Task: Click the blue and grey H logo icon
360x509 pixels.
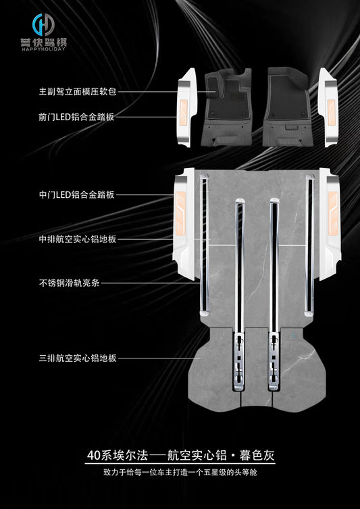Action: click(x=43, y=25)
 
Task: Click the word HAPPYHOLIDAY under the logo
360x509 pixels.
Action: click(x=43, y=49)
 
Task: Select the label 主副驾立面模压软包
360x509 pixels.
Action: click(x=77, y=92)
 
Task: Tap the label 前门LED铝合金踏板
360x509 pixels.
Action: click(x=76, y=117)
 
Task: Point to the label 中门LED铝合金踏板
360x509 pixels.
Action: click(x=76, y=195)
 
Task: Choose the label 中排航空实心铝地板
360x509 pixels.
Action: click(x=77, y=240)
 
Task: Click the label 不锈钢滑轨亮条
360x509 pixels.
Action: click(x=70, y=283)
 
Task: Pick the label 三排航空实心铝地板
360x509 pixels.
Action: click(x=77, y=358)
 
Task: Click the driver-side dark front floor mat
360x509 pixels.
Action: click(x=227, y=107)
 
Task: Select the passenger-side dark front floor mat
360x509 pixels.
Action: click(x=287, y=107)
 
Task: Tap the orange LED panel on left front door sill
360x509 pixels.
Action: click(x=184, y=112)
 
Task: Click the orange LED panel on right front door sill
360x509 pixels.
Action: click(x=331, y=112)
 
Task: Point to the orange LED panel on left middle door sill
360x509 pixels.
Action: click(x=180, y=213)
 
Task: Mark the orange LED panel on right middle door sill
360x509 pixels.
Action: click(x=333, y=213)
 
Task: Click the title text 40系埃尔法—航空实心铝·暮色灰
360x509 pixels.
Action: click(x=180, y=456)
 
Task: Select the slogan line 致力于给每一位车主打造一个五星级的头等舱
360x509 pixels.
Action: click(x=180, y=473)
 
